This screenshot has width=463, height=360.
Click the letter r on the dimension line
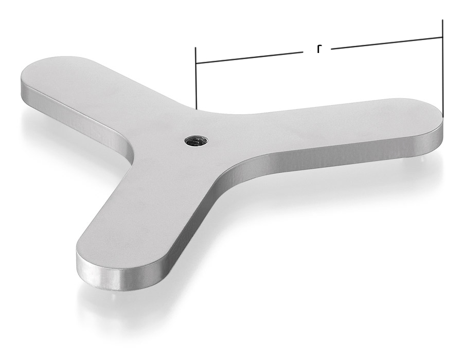click(x=318, y=49)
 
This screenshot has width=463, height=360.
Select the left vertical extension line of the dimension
click(x=196, y=78)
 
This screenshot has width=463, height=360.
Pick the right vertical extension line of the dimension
click(x=442, y=68)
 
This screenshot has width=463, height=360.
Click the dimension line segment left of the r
click(x=249, y=58)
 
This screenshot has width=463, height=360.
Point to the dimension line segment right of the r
click(x=387, y=43)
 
